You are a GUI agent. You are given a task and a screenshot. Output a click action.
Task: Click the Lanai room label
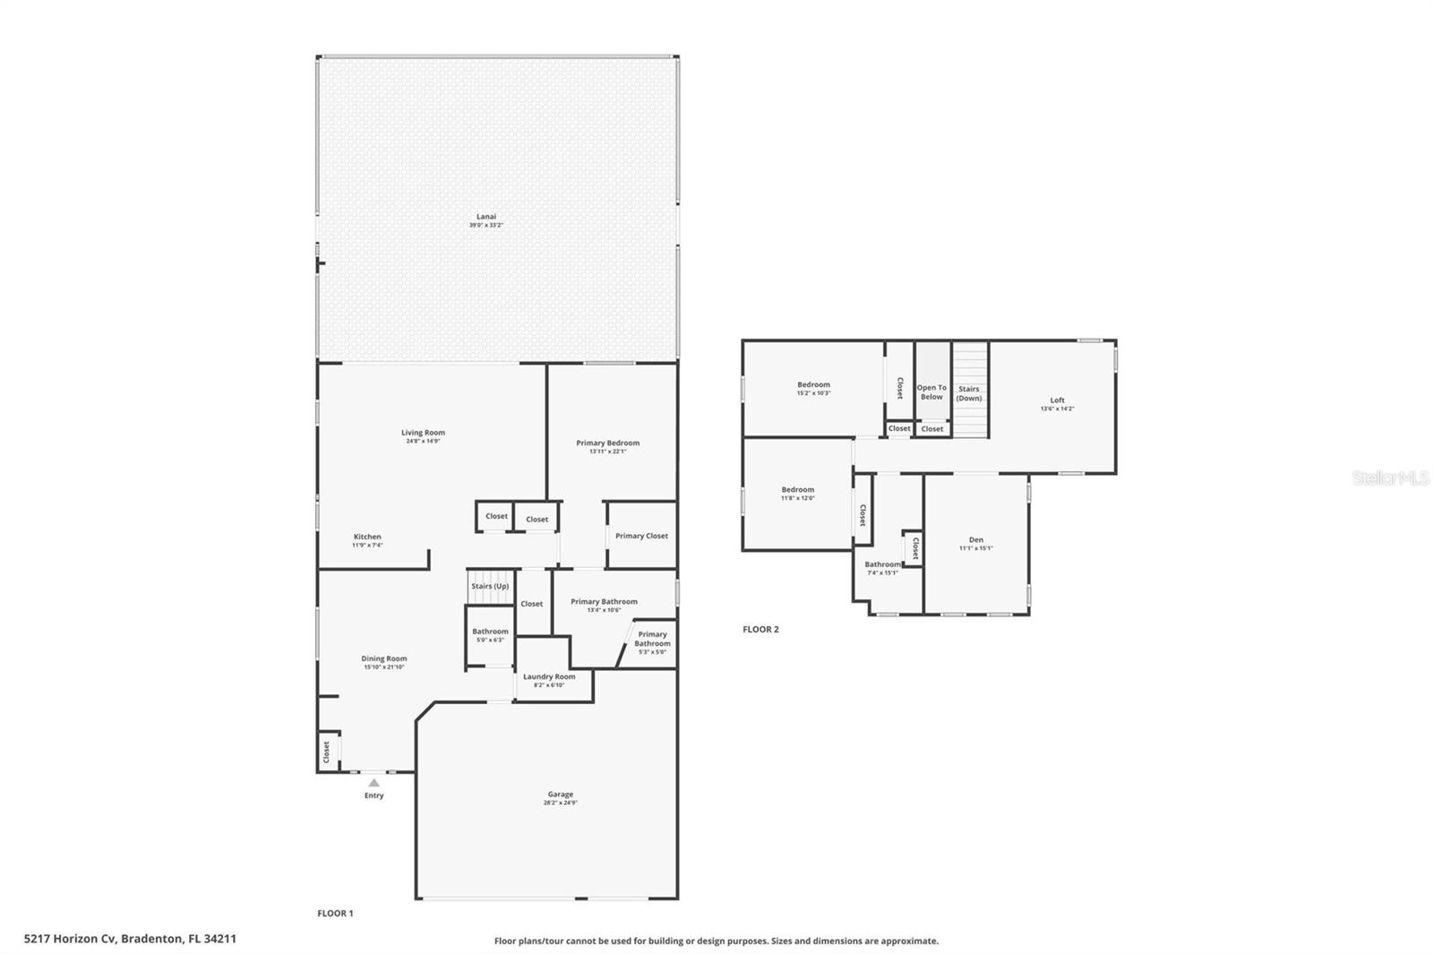(x=486, y=216)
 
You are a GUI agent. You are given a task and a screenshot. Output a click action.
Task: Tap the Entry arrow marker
(x=374, y=783)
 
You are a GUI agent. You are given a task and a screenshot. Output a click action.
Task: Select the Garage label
(x=561, y=795)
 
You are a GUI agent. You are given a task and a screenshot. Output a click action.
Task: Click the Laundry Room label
(x=549, y=676)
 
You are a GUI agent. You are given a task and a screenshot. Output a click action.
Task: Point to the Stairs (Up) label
(x=490, y=586)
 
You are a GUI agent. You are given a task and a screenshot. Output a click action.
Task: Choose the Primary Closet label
(x=641, y=536)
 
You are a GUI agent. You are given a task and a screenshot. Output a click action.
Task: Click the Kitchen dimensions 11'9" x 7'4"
(x=367, y=545)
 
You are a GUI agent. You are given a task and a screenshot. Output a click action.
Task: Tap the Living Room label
(x=423, y=433)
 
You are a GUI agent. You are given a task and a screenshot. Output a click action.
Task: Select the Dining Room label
(x=384, y=658)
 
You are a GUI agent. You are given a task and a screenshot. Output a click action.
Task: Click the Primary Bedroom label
(x=608, y=443)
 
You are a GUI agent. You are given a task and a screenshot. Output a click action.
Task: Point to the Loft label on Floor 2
(x=1058, y=400)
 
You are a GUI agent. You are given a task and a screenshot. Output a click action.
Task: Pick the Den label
(x=976, y=539)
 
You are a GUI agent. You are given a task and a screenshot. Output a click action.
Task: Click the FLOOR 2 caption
(x=760, y=629)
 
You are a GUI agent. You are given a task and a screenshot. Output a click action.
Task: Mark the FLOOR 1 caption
(x=335, y=913)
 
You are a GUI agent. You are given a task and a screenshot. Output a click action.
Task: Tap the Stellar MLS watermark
(x=1390, y=478)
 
